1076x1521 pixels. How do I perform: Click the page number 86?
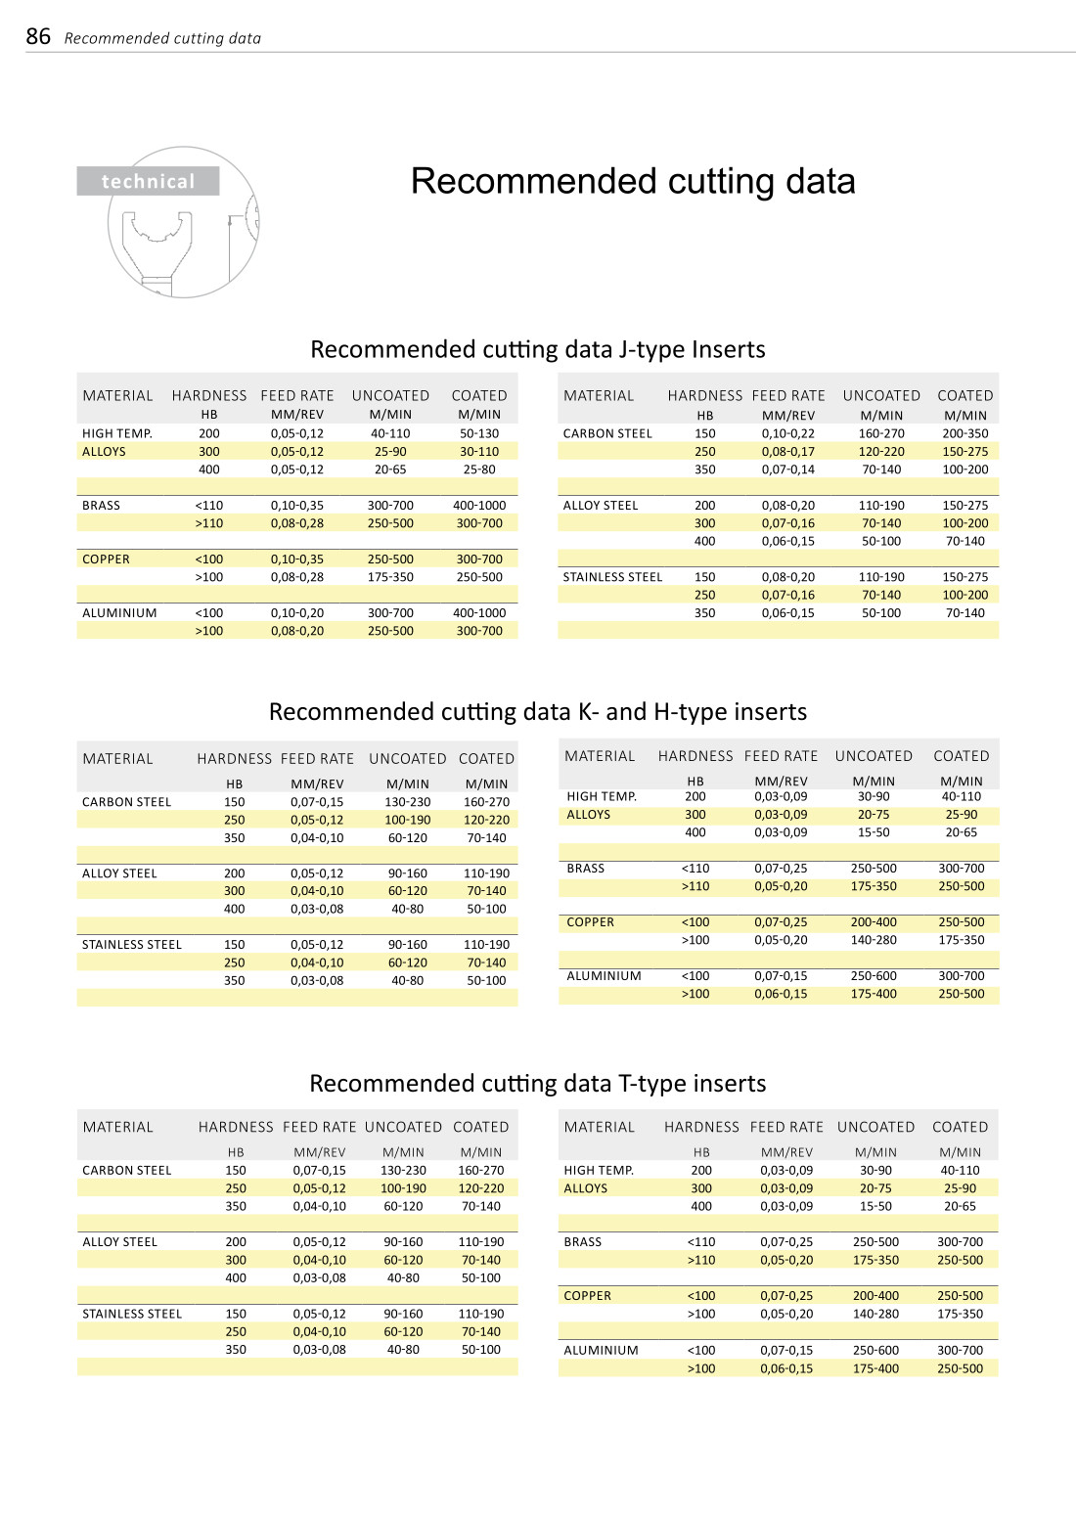click(38, 37)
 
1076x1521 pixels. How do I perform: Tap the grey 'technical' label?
click(148, 181)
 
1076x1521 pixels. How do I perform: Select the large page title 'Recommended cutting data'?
click(633, 181)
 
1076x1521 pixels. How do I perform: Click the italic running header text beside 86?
click(162, 38)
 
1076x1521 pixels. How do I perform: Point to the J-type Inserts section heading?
click(537, 349)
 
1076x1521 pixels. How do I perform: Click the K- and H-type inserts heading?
click(537, 711)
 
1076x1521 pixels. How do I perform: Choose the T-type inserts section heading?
click(537, 1083)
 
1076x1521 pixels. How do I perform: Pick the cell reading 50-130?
click(479, 433)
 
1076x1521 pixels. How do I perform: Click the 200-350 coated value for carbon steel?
click(964, 433)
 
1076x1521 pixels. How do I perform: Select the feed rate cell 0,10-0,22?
click(787, 433)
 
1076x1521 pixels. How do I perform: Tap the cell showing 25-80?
click(479, 470)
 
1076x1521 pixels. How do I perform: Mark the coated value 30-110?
click(479, 452)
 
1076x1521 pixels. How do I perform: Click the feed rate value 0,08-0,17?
click(787, 452)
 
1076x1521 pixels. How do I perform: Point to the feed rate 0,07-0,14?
click(787, 470)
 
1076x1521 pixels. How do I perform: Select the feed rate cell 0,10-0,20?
click(296, 613)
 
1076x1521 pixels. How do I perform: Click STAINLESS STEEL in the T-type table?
click(132, 1314)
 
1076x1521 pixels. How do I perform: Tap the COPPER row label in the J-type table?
click(106, 559)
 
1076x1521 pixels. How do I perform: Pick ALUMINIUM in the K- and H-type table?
click(604, 976)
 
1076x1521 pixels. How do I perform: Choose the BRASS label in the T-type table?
click(582, 1242)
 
